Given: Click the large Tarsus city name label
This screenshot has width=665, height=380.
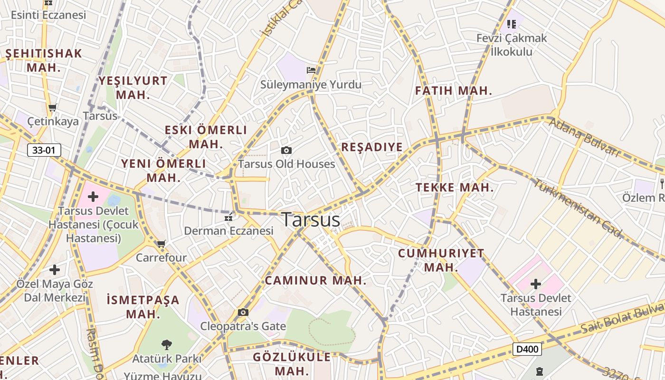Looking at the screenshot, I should click(311, 220).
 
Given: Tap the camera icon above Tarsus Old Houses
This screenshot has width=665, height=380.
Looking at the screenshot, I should click(286, 151).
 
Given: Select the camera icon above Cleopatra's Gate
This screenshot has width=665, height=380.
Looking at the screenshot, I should click(243, 312).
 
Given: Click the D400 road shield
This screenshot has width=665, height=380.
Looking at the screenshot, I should click(527, 350).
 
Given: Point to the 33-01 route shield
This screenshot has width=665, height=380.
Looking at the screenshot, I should click(44, 151).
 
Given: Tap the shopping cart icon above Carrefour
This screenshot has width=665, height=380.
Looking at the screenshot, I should click(161, 244).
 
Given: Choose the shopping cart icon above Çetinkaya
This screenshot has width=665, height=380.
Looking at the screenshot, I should click(53, 108).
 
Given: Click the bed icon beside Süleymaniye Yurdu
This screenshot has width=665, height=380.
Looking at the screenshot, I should click(311, 70).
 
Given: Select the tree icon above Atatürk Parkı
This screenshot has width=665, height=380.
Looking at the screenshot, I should click(166, 344).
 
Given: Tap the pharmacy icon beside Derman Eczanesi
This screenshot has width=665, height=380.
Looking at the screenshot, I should click(228, 218).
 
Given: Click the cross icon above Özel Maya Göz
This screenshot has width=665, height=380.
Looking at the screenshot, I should click(55, 270).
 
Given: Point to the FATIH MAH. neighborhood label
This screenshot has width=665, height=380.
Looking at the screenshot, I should click(453, 91).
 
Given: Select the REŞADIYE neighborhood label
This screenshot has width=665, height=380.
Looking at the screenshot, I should click(372, 147).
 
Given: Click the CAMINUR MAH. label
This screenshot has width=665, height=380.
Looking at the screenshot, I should click(316, 281).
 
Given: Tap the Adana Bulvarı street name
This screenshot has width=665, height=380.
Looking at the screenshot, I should click(584, 138).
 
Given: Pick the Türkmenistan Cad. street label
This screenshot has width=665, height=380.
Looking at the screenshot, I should click(577, 208).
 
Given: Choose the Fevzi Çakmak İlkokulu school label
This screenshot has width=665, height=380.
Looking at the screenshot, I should click(512, 45).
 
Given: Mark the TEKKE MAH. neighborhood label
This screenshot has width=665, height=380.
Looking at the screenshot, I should click(455, 188).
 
